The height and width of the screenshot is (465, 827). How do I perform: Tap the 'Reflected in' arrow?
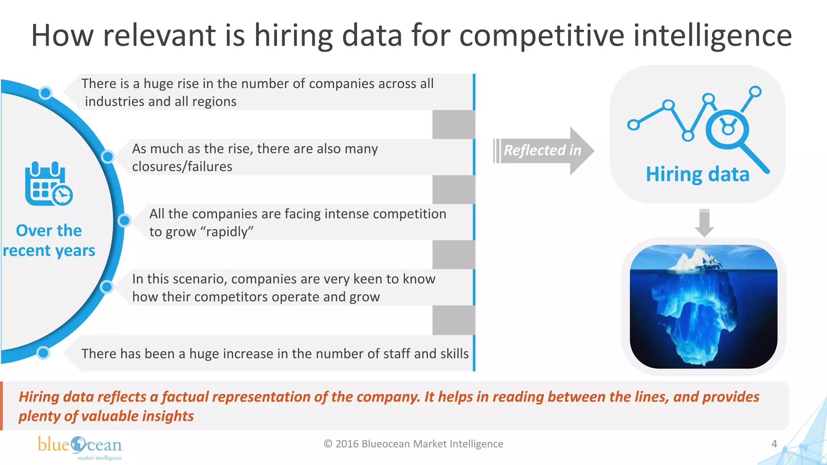[543, 151]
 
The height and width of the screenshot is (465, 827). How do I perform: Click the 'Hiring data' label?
[697, 174]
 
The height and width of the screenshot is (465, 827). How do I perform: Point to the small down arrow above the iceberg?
[704, 223]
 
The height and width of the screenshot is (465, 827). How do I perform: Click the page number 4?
[774, 444]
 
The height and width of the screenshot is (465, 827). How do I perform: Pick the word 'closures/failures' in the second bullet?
[182, 167]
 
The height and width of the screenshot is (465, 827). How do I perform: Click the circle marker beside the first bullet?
[46, 93]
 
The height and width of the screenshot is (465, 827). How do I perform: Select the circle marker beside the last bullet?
[43, 353]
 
